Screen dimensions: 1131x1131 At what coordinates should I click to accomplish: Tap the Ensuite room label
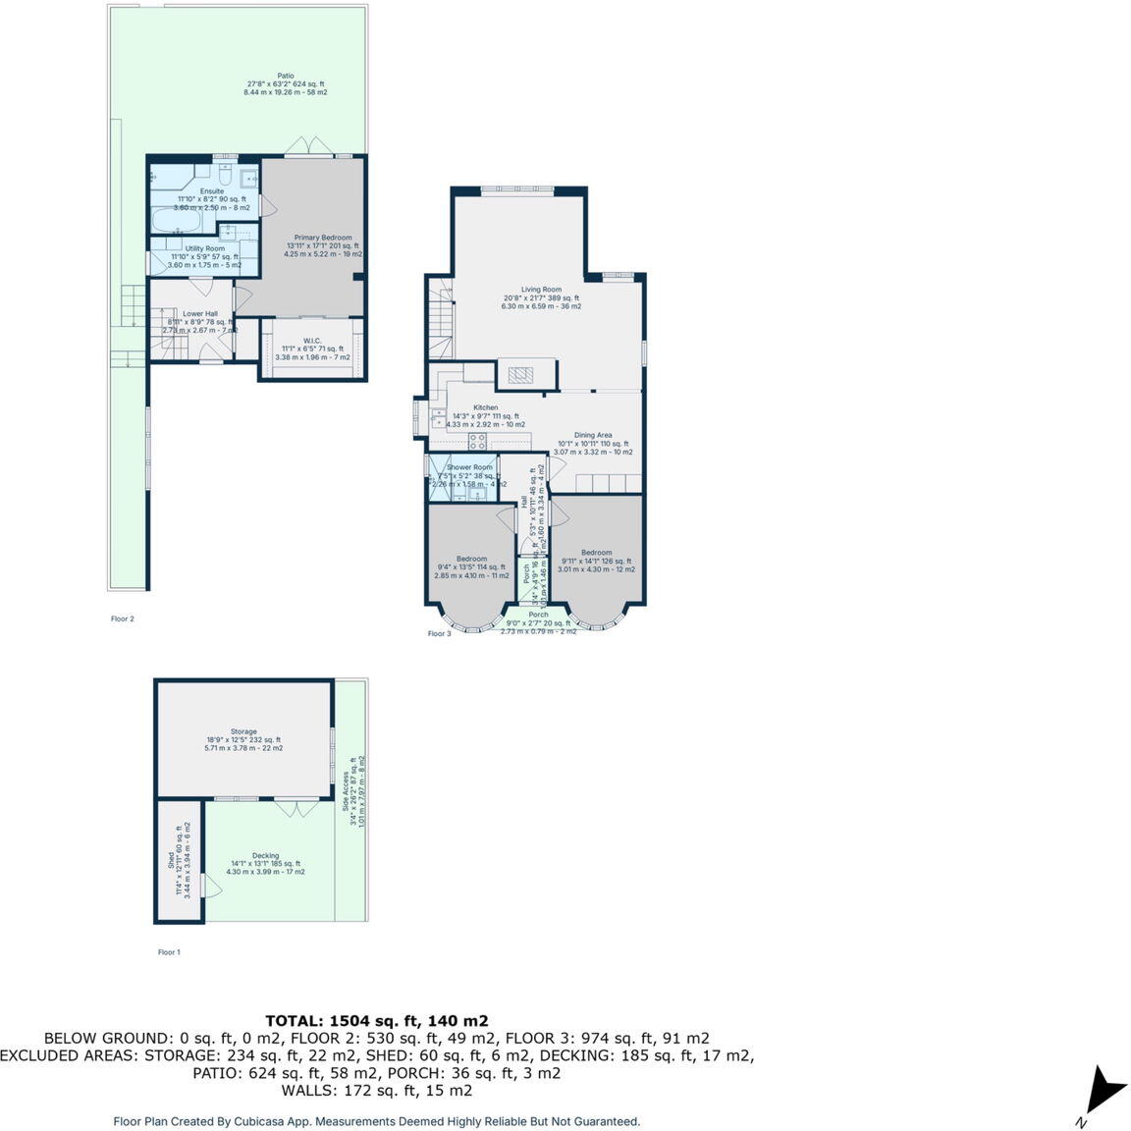pyautogui.click(x=212, y=191)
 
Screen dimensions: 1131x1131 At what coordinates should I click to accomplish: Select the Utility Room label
pyautogui.click(x=204, y=249)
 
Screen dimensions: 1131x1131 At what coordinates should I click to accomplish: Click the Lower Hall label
pyautogui.click(x=200, y=314)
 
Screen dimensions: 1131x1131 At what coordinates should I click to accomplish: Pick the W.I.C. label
pyautogui.click(x=312, y=341)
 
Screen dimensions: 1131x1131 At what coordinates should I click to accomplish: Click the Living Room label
pyautogui.click(x=541, y=290)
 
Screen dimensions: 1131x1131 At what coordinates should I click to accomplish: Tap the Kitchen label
pyautogui.click(x=485, y=407)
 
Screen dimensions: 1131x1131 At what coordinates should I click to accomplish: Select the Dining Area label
pyautogui.click(x=593, y=435)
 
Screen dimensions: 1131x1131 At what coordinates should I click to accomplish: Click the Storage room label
pyautogui.click(x=243, y=731)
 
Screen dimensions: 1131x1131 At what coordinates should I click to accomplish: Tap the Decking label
pyautogui.click(x=265, y=855)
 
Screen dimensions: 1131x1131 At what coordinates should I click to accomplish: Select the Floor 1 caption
pyautogui.click(x=169, y=952)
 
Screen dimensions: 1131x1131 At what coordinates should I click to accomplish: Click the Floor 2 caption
pyautogui.click(x=122, y=619)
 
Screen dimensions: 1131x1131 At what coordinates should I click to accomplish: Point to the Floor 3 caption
pyautogui.click(x=439, y=634)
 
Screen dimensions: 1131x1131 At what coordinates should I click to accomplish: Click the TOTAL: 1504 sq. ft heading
pyautogui.click(x=377, y=1020)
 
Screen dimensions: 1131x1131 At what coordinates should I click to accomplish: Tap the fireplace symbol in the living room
pyautogui.click(x=517, y=374)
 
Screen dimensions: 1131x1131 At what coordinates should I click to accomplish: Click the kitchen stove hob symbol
pyautogui.click(x=477, y=441)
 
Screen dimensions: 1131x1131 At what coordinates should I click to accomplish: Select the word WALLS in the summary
pyautogui.click(x=309, y=1091)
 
